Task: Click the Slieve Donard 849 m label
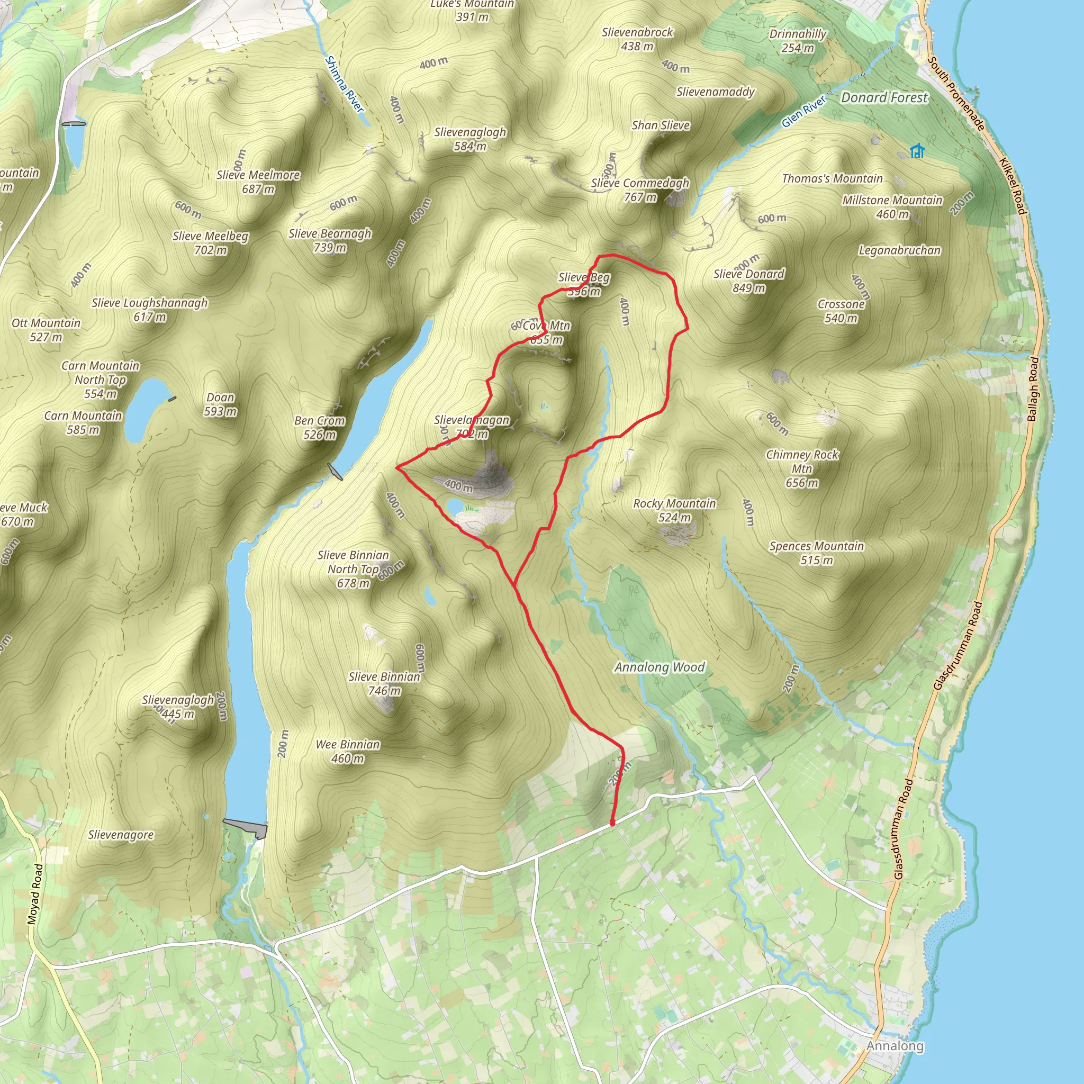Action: tap(749, 281)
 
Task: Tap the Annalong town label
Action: tap(895, 1046)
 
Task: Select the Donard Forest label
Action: tap(884, 97)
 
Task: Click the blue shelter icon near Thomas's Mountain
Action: tap(917, 151)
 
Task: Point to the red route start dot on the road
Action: tap(612, 823)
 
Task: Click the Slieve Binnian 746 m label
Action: tap(384, 683)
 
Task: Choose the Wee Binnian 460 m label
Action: tap(348, 751)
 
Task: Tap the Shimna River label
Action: tap(345, 84)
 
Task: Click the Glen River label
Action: tap(804, 111)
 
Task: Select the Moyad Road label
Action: tap(35, 894)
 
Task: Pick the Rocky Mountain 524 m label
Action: tap(674, 510)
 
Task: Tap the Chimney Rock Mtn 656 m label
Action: tap(802, 468)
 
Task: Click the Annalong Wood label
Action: tap(660, 667)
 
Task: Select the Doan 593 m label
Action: tap(221, 404)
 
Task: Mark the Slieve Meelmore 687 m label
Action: tap(258, 182)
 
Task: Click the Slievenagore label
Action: tap(121, 835)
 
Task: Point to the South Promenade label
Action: tap(956, 94)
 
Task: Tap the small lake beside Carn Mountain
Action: tap(142, 410)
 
